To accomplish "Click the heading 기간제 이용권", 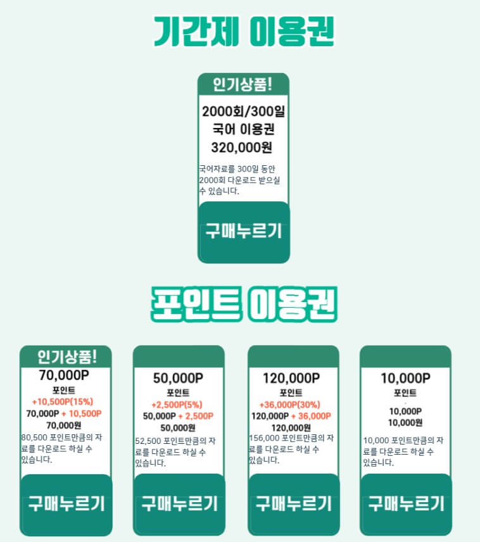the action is coord(244,30).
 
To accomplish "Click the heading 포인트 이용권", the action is coord(244,305).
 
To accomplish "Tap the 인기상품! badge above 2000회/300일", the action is coord(243,83).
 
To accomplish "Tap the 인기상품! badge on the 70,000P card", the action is coord(66,356).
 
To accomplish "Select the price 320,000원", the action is coord(243,148).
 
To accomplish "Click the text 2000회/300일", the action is coord(243,112).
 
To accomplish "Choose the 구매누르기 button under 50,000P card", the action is coord(179,504).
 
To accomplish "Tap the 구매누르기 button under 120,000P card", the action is coord(293,504).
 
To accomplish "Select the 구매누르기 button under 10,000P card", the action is coord(406,504).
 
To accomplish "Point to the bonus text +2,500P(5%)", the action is coord(177,405).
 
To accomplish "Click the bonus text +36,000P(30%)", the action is coord(290,405).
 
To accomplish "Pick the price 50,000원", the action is coord(177,427).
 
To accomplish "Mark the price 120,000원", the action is coord(290,427).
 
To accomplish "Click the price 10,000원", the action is coord(405,422).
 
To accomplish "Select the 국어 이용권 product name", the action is coord(243,130).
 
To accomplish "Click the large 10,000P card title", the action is coord(405,379).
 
